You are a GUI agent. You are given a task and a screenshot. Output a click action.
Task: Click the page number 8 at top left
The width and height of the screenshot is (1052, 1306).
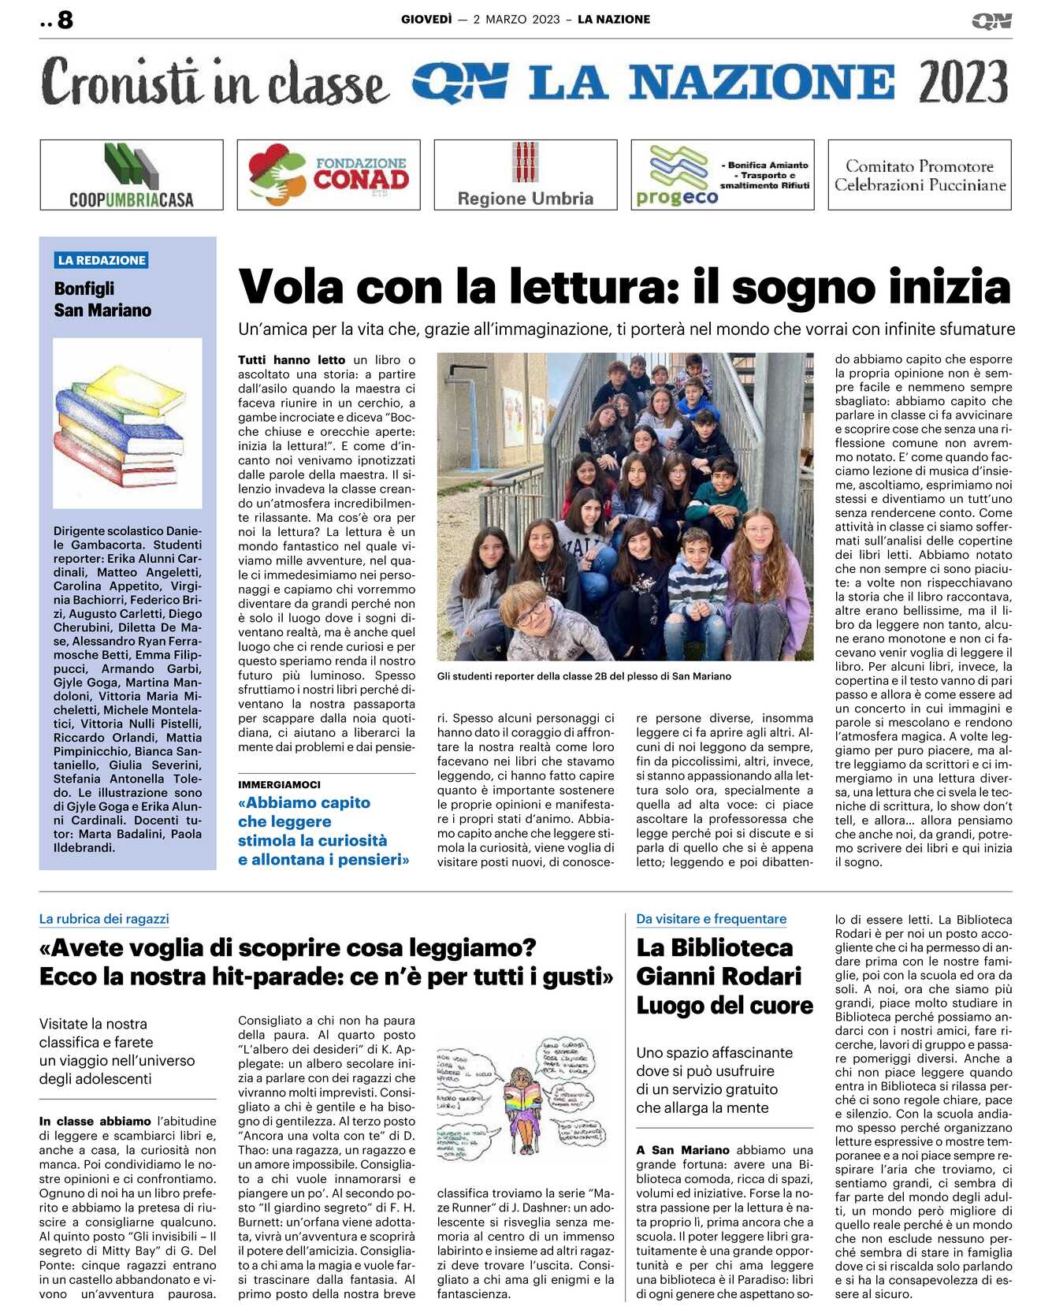(65, 20)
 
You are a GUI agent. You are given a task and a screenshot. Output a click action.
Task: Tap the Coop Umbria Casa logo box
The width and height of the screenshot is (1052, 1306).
(132, 175)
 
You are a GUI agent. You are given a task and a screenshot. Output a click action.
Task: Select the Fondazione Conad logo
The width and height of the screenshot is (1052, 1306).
(329, 175)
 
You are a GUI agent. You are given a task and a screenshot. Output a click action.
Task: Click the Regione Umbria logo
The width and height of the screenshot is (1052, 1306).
(526, 175)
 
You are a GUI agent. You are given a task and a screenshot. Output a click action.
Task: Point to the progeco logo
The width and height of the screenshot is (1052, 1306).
(722, 175)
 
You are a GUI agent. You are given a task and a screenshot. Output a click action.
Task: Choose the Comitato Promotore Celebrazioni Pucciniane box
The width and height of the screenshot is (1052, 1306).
(920, 175)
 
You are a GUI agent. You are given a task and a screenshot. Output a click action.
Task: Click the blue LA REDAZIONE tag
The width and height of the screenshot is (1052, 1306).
(102, 260)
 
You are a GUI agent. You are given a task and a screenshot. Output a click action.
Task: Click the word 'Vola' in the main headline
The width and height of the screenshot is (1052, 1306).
(291, 287)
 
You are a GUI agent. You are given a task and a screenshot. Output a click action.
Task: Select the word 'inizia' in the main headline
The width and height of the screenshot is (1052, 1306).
(957, 287)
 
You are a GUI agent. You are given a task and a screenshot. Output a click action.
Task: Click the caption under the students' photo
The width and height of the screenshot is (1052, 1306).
(584, 676)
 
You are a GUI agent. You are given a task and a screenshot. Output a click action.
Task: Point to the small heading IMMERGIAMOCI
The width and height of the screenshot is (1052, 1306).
(279, 785)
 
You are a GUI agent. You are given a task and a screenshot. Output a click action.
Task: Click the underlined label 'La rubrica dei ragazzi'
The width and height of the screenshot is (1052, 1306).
(104, 919)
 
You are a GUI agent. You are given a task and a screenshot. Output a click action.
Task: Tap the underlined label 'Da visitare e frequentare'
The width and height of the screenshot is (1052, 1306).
(711, 919)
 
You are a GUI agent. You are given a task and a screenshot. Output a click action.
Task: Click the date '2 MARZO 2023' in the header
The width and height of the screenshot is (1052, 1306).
(516, 20)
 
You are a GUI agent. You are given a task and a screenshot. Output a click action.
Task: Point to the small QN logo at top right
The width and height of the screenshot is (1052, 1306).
(991, 21)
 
